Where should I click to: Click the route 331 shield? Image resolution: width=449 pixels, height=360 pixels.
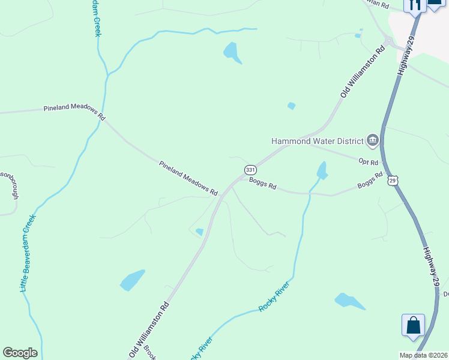point(250,170)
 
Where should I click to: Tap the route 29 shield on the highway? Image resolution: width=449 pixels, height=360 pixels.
point(393,180)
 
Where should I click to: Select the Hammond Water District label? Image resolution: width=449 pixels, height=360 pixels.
point(318,141)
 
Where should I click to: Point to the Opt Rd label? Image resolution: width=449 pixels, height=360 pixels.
point(368,162)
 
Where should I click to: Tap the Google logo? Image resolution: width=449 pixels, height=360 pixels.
point(20,353)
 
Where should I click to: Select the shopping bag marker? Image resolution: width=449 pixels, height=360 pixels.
point(413,325)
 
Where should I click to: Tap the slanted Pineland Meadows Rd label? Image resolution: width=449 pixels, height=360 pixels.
point(188,178)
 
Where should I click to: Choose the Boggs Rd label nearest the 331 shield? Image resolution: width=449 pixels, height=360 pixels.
point(262,182)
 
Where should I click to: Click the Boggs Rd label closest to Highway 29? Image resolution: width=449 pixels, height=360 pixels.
point(370,180)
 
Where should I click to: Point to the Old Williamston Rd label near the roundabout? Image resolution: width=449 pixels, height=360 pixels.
point(362,73)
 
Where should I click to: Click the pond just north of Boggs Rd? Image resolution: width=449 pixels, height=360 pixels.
point(322,170)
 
